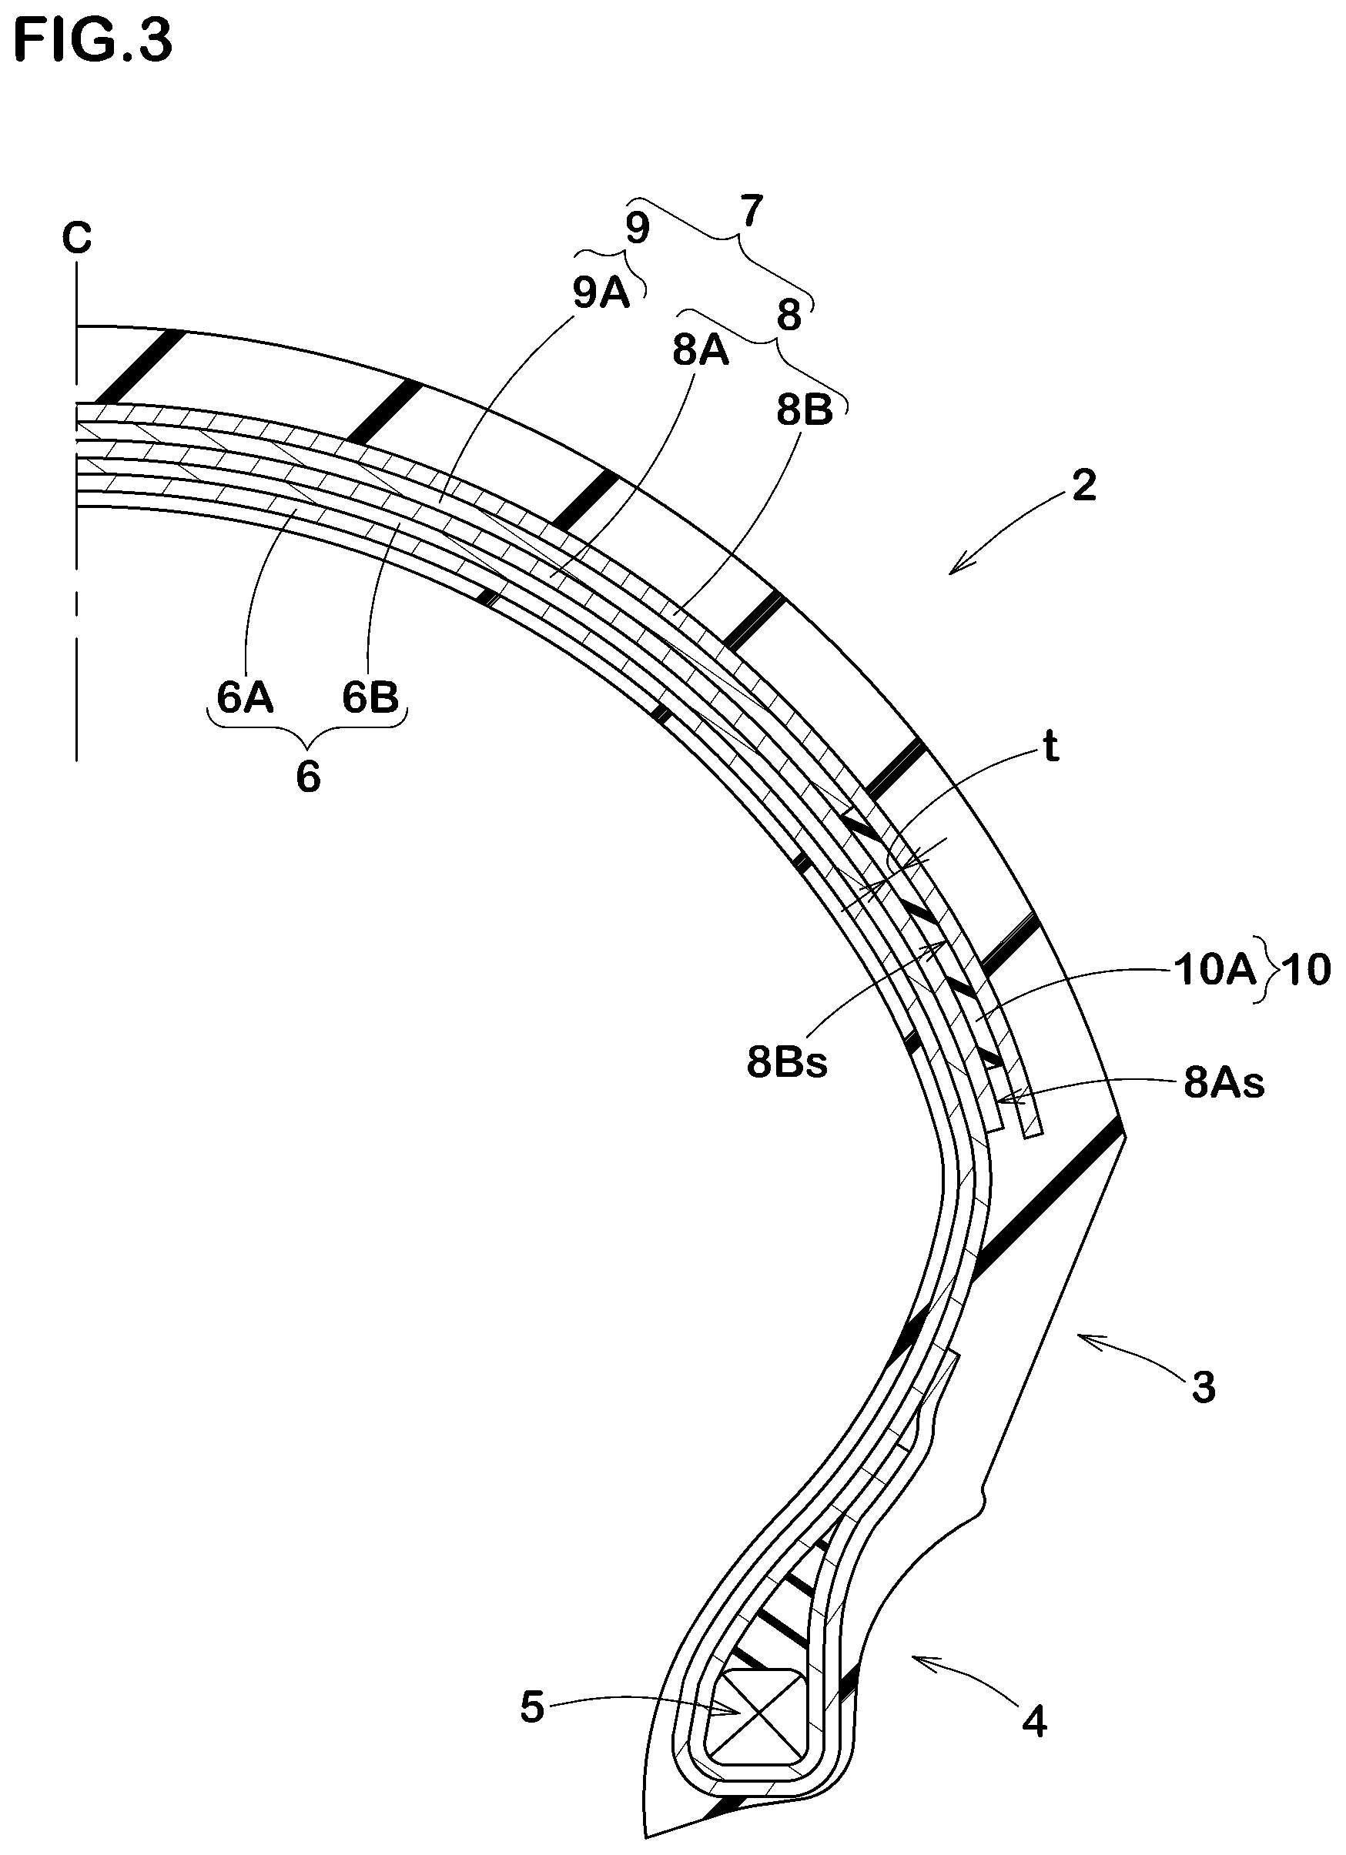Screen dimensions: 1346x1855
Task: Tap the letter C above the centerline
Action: point(77,239)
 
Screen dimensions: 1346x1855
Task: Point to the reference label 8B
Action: point(805,409)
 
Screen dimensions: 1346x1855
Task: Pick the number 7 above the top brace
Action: point(751,212)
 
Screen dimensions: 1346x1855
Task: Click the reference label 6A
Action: point(245,697)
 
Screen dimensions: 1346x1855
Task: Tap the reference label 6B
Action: point(370,697)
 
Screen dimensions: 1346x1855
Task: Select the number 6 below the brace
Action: point(308,776)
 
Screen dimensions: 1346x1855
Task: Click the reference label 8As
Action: point(1224,1084)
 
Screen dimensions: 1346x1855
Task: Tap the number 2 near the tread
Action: point(1084,486)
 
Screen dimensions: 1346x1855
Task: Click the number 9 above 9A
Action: point(638,229)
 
